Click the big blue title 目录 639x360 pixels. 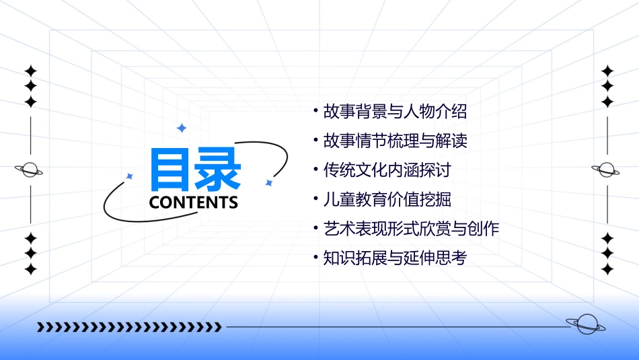195,170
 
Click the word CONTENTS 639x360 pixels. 194,203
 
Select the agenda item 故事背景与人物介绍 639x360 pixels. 395,112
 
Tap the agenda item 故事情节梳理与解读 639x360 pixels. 395,141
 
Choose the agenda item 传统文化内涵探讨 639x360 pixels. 387,170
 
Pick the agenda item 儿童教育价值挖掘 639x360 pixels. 387,200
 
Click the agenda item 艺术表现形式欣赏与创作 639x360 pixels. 411,229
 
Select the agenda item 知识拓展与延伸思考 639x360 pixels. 395,258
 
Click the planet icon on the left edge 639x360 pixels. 30,170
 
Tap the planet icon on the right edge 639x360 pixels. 606,170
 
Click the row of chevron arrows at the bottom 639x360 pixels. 129,328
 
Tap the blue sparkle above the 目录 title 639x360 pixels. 181,128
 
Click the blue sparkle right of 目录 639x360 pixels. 268,182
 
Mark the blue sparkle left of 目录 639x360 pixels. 130,176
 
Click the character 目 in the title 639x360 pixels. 172,170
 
